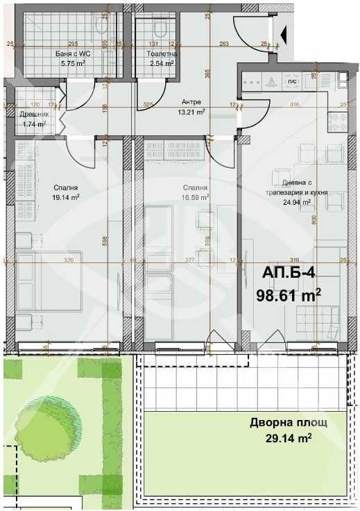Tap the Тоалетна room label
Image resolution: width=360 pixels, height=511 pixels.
[x=161, y=53]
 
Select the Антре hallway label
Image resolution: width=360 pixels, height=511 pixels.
[x=190, y=101]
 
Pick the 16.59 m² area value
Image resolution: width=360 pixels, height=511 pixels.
[x=194, y=197]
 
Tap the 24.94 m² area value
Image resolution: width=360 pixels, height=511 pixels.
[x=295, y=203]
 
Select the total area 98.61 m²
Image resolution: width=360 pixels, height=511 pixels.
[x=289, y=296]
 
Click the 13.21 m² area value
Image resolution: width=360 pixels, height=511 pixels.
[x=191, y=111]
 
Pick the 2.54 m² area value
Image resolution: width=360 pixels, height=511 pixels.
[x=161, y=63]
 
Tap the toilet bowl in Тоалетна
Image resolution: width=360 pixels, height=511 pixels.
[x=162, y=30]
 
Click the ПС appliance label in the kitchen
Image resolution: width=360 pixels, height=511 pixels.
[x=293, y=81]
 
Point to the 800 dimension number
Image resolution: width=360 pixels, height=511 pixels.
[x=314, y=221]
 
